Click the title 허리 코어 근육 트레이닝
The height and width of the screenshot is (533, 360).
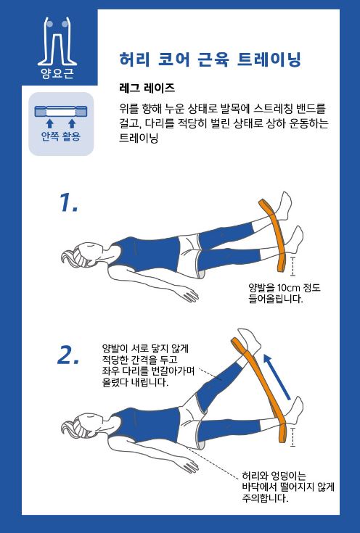[x=210, y=59]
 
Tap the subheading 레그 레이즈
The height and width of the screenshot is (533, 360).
[x=147, y=88]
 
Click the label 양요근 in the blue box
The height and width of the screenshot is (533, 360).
[x=57, y=73]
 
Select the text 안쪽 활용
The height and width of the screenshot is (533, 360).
[x=60, y=136]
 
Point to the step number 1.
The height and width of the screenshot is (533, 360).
[x=68, y=202]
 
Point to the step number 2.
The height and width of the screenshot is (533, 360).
[x=68, y=355]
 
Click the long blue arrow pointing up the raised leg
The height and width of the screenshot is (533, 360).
[x=277, y=376]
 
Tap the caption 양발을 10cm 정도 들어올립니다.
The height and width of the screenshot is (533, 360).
[x=285, y=294]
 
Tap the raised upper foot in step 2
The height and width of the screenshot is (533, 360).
[x=250, y=340]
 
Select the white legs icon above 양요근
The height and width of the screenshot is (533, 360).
[x=57, y=41]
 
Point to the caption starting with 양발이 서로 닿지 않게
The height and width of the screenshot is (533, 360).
[x=148, y=365]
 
